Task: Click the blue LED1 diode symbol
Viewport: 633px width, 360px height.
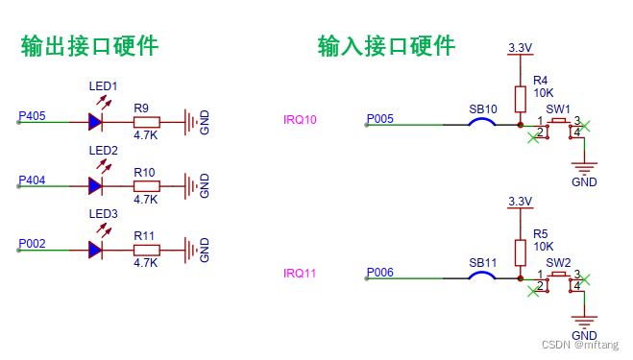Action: [95, 122]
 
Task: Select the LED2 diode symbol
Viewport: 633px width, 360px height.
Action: [95, 185]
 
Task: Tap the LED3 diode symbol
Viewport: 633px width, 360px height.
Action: [95, 250]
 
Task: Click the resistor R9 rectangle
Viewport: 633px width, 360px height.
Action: [145, 122]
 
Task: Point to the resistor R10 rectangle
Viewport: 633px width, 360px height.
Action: [145, 185]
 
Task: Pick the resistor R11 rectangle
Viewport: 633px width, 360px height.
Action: [145, 250]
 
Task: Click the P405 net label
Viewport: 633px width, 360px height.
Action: [32, 116]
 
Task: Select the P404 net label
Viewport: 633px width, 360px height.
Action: [32, 180]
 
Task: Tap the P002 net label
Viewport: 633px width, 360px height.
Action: [32, 244]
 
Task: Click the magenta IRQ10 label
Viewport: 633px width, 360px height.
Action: [300, 120]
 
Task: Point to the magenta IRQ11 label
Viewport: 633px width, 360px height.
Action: [300, 274]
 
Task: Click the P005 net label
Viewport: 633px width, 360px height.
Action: [379, 119]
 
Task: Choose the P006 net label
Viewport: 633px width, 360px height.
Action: [379, 273]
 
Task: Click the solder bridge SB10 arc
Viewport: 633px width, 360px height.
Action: [481, 121]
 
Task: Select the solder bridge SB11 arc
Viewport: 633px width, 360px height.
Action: [481, 276]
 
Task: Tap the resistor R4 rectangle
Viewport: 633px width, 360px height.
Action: [520, 99]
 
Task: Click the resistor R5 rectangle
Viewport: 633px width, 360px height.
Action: [520, 252]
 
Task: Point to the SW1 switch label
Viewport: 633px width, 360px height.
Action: [558, 108]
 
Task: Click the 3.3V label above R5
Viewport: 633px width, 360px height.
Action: [519, 201]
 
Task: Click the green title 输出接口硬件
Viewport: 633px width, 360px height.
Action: [90, 45]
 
